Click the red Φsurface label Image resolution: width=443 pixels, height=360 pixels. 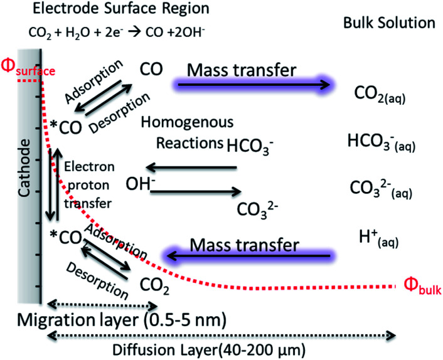pyautogui.click(x=28, y=66)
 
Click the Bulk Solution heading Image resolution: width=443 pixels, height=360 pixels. pyautogui.click(x=389, y=23)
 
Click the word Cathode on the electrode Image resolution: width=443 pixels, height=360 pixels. pyautogui.click(x=25, y=168)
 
